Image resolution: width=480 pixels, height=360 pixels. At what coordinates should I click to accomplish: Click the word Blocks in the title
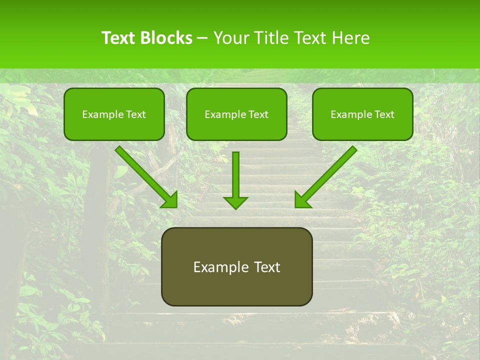(x=167, y=38)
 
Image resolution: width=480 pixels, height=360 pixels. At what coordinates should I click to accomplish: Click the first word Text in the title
(x=119, y=38)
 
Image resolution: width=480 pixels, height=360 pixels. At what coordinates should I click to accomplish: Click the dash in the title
(x=202, y=38)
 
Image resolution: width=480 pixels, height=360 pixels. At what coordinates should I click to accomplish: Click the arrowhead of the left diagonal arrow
(x=170, y=200)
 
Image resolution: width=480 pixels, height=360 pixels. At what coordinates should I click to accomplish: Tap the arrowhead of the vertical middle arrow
(x=235, y=202)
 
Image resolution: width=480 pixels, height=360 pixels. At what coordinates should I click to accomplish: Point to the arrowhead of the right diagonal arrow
(x=301, y=200)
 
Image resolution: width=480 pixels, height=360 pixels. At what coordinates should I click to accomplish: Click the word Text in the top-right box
(x=384, y=114)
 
